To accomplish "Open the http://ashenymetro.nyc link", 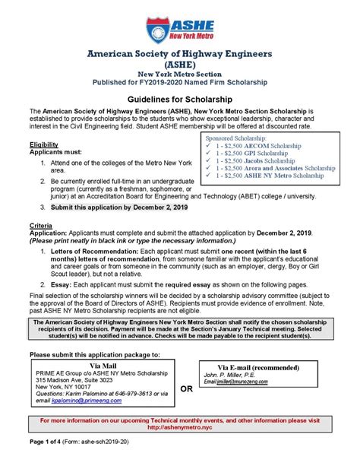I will click(179, 427).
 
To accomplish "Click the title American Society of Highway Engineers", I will click(179, 55).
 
